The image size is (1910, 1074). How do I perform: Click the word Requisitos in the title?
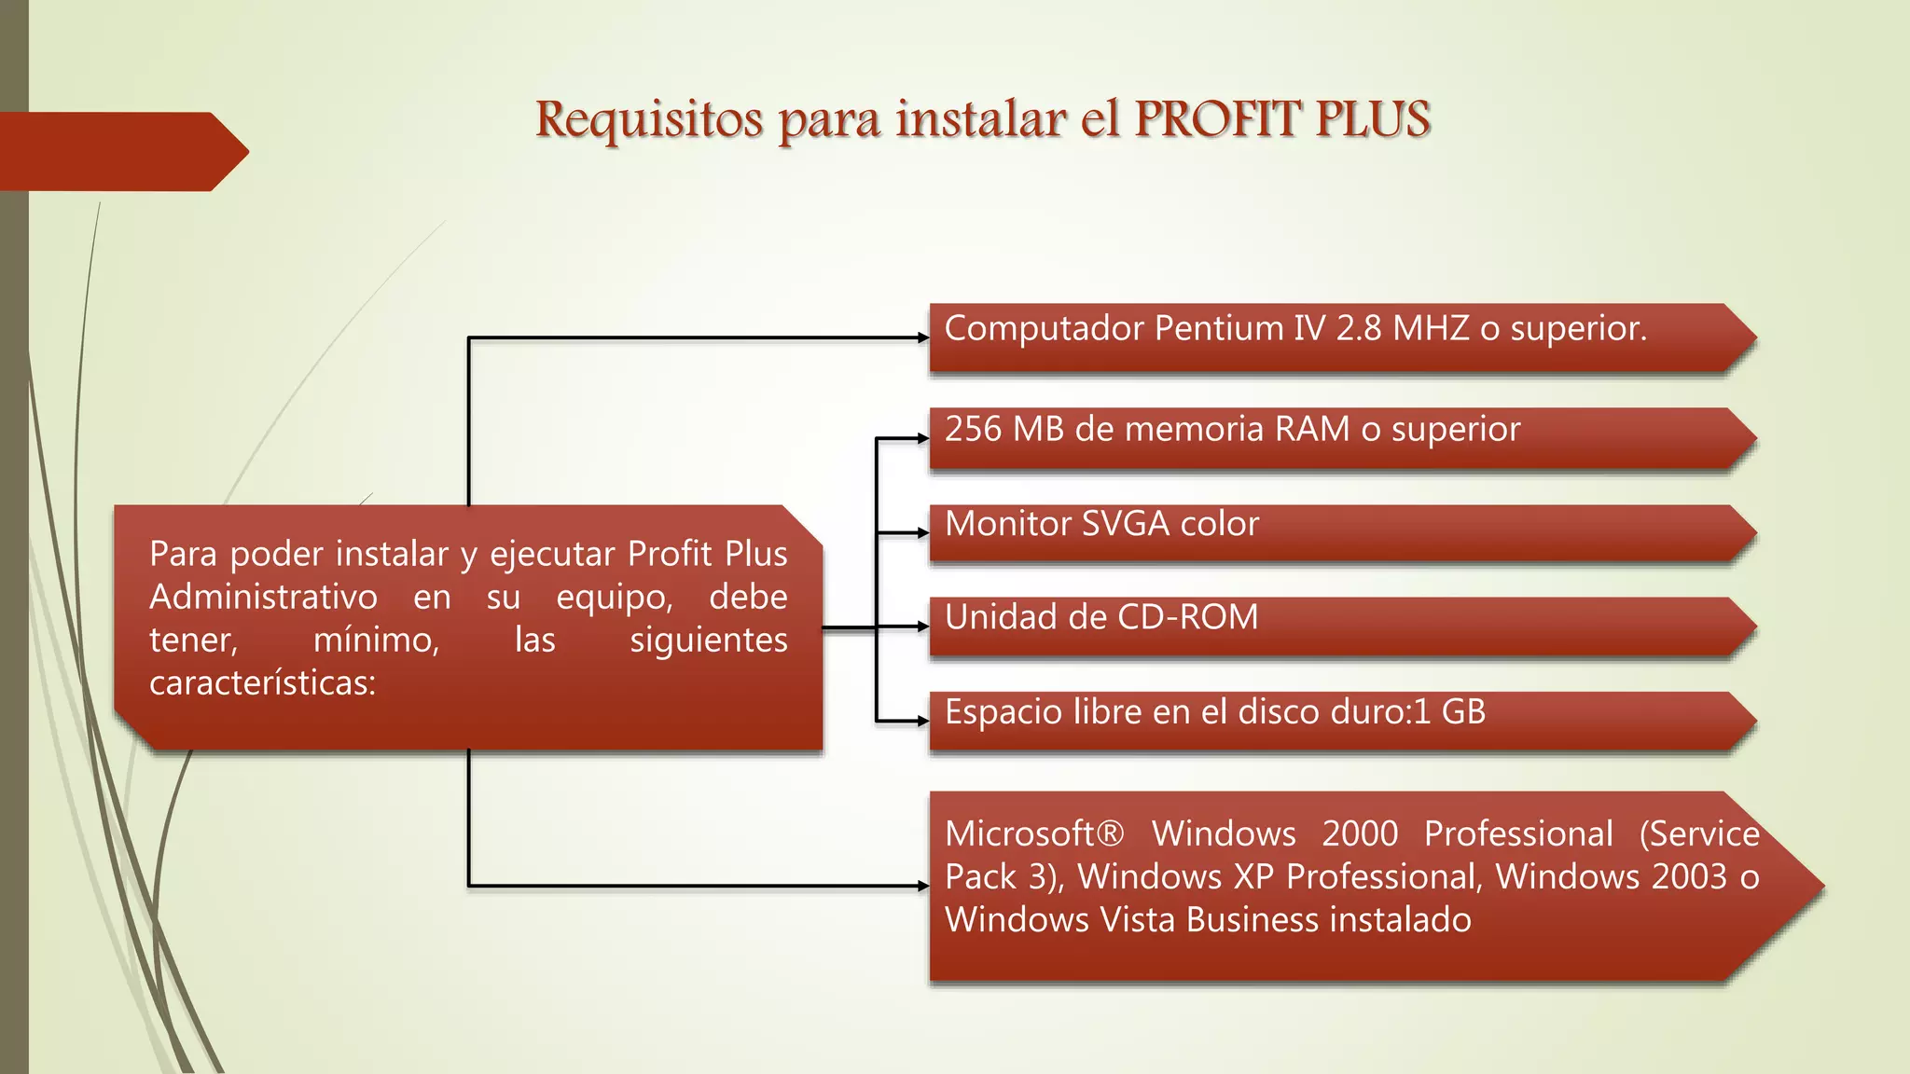pos(649,121)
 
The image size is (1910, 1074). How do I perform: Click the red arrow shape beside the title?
pos(121,151)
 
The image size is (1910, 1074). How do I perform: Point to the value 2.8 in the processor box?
pos(1359,328)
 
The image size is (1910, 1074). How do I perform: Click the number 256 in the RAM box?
pos(974,429)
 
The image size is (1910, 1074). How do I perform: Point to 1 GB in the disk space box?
pos(1449,712)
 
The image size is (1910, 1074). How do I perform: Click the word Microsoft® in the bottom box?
pos(1034,833)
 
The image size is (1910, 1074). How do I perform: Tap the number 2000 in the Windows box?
pos(1360,833)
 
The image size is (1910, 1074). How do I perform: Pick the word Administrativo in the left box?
pos(264,597)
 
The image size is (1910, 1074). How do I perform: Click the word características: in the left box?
pos(262,683)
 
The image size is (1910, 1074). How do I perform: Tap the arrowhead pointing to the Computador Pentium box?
pos(923,338)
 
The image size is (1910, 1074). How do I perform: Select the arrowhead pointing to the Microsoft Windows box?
pos(923,886)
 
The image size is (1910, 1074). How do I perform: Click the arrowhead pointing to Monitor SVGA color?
pos(923,533)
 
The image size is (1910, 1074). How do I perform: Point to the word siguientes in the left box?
pos(709,640)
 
